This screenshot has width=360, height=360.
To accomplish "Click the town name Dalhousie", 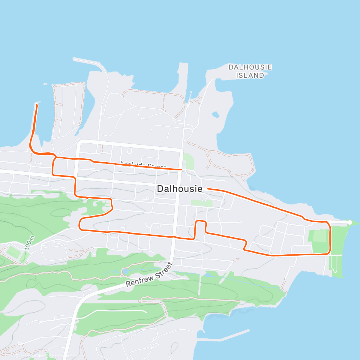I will [x=179, y=189].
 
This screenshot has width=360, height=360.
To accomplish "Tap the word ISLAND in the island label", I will [x=250, y=76].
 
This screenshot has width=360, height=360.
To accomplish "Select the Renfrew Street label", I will [x=149, y=274].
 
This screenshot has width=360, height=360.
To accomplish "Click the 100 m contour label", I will [x=30, y=243].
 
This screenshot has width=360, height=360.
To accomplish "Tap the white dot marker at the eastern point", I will [x=349, y=222].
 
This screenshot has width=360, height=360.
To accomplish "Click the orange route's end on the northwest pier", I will [x=37, y=104].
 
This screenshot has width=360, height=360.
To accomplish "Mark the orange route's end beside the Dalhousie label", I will [x=208, y=189].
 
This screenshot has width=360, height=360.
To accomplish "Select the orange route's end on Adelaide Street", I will [x=181, y=169].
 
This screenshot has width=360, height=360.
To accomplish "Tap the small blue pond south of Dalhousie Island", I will [x=215, y=115].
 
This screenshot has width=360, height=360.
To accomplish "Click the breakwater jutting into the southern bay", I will [x=228, y=336].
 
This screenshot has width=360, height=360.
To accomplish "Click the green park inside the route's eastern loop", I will [x=319, y=240].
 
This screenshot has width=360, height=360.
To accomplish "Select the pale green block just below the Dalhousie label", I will [x=202, y=203].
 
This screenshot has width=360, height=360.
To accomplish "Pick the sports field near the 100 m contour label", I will [x=13, y=252].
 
